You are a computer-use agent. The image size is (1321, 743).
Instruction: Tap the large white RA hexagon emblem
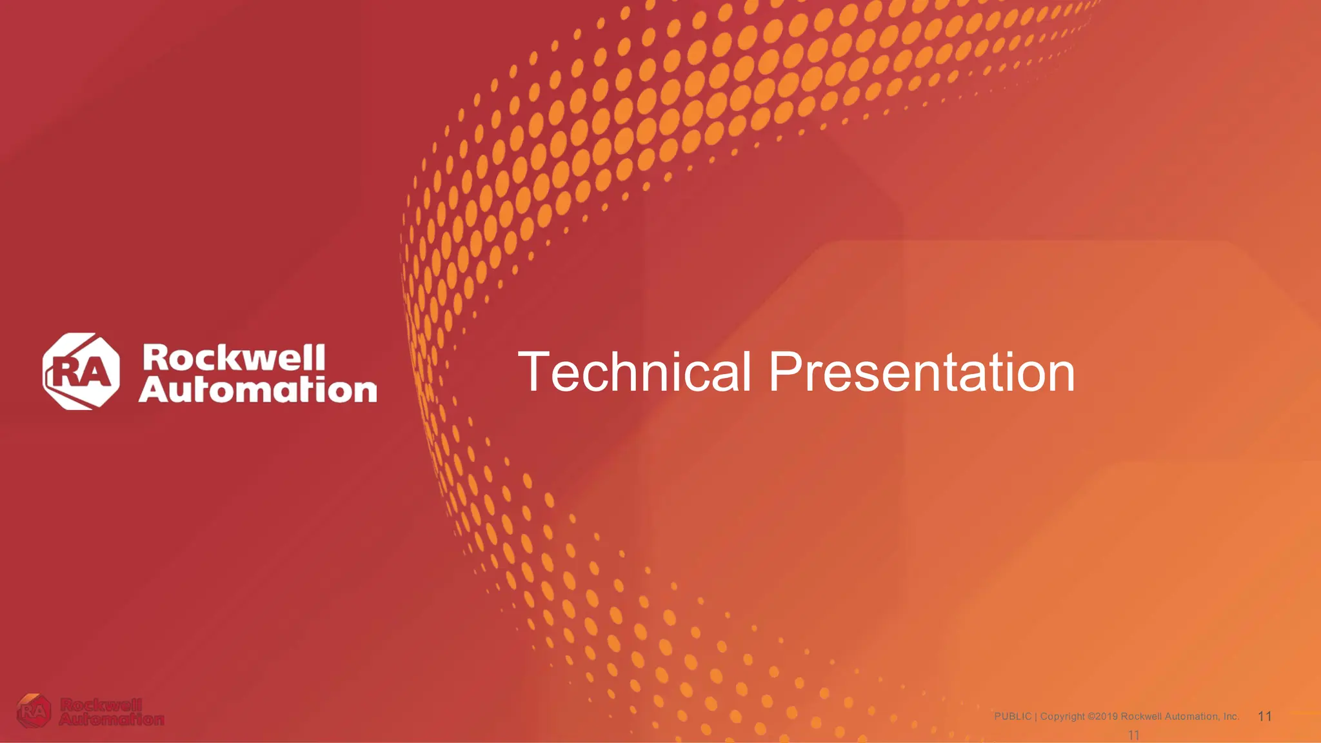click(x=81, y=371)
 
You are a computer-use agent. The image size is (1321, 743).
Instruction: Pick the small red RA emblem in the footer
click(x=34, y=711)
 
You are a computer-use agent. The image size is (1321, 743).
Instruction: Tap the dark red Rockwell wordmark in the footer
click(x=101, y=705)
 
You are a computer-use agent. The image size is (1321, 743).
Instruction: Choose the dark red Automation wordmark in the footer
click(x=111, y=718)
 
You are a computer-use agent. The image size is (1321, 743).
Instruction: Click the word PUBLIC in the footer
click(x=1013, y=717)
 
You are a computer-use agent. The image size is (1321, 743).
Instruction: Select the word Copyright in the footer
click(x=1062, y=717)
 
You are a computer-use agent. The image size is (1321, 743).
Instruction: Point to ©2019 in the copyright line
click(x=1102, y=717)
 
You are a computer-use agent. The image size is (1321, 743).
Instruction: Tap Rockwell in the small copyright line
click(x=1141, y=717)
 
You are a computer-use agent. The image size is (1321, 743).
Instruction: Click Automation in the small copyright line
click(x=1192, y=717)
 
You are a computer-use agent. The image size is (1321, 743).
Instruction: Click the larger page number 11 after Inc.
click(x=1265, y=717)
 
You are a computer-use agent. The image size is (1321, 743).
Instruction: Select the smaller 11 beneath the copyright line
click(x=1133, y=735)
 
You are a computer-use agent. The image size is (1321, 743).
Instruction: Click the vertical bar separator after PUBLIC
click(x=1036, y=717)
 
